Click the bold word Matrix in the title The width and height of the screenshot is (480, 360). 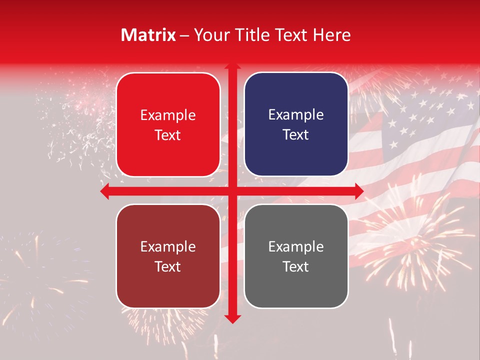148,35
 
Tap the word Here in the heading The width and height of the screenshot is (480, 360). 331,35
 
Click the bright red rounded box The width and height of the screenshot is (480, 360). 168,124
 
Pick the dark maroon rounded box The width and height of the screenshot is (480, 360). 168,256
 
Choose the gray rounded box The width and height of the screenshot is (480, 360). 296,256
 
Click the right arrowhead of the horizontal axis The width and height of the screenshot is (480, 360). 358,191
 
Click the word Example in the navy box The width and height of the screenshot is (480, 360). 296,115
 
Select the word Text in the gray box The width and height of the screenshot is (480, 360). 296,266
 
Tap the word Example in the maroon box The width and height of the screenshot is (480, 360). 168,246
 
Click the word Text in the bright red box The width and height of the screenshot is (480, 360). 168,135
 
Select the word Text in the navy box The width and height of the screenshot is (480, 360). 296,134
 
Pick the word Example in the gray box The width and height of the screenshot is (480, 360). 296,246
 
